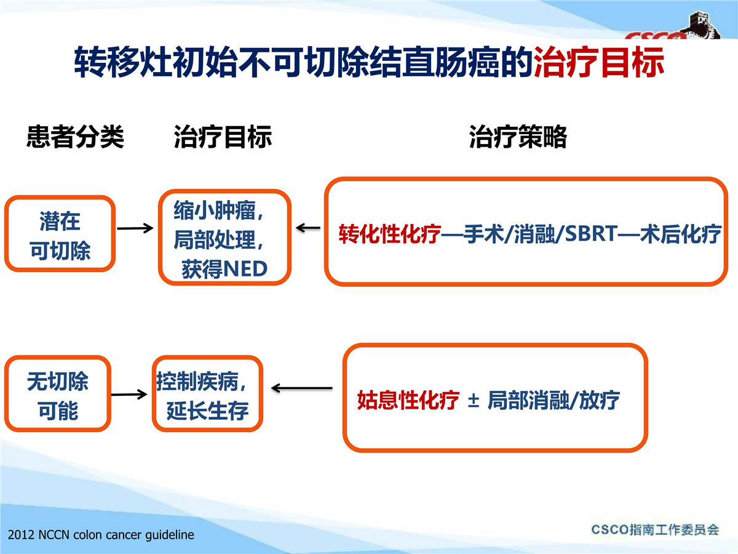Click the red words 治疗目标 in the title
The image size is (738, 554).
(x=598, y=62)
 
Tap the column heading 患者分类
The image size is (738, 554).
(x=75, y=137)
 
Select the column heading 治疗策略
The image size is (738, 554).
(x=518, y=137)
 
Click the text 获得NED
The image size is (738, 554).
(x=224, y=269)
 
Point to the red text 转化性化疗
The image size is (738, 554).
(x=390, y=234)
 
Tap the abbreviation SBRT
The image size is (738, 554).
(x=591, y=233)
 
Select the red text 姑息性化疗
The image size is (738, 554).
(x=408, y=400)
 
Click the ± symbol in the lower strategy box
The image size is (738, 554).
(x=474, y=401)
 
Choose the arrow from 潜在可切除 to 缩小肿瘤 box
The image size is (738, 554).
(x=135, y=228)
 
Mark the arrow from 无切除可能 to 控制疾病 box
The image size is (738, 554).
(x=129, y=394)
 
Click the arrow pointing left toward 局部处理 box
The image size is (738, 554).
(x=308, y=228)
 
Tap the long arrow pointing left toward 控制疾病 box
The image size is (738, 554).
(x=301, y=388)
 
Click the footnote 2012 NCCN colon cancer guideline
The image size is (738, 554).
(x=101, y=535)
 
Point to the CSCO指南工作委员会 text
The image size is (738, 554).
(x=656, y=530)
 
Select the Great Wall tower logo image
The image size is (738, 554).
(x=703, y=25)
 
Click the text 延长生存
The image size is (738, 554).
(x=207, y=411)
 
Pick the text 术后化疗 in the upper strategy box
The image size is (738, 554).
(x=681, y=234)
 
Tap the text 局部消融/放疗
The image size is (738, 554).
(x=553, y=400)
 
